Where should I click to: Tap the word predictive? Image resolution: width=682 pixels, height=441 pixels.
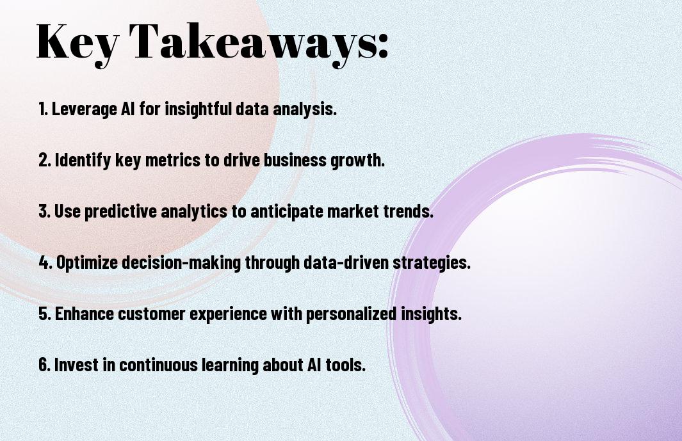[120, 211]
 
